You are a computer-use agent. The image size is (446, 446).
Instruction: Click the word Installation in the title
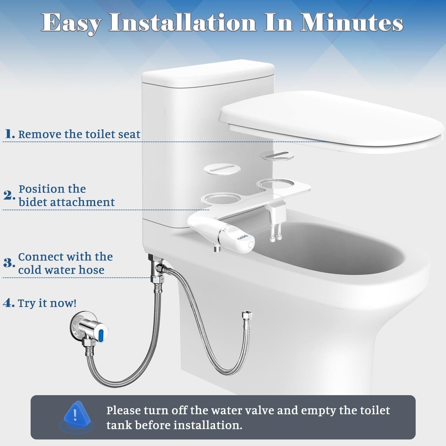(x=182, y=23)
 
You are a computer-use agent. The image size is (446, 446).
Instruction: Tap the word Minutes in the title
(x=351, y=23)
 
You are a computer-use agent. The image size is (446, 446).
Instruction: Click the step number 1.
(x=10, y=134)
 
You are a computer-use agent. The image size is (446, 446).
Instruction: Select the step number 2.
(x=9, y=196)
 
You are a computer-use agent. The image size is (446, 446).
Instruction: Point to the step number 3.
(x=9, y=263)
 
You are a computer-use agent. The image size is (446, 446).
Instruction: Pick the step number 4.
(x=8, y=303)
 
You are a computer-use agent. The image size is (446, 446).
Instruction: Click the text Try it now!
(x=47, y=303)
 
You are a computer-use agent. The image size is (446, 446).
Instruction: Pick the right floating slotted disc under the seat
(x=277, y=155)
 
